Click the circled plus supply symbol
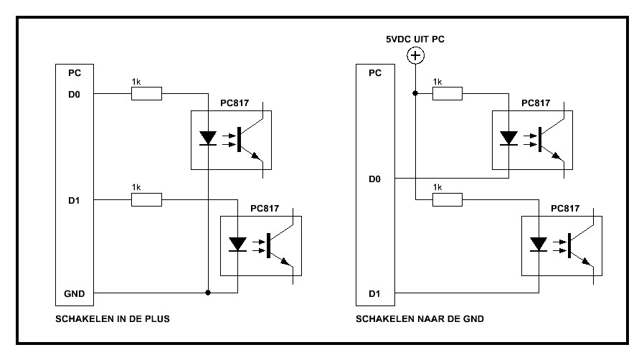pyautogui.click(x=415, y=55)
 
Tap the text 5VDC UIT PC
pyautogui.click(x=415, y=39)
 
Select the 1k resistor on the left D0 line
pyautogui.click(x=146, y=93)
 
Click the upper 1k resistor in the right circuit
pyautogui.click(x=447, y=93)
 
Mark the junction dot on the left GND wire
pyautogui.click(x=207, y=293)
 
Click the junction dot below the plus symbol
pyautogui.click(x=415, y=93)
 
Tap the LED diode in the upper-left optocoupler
pyautogui.click(x=207, y=137)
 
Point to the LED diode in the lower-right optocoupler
pyautogui.click(x=537, y=244)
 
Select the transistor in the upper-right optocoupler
pyautogui.click(x=549, y=138)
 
